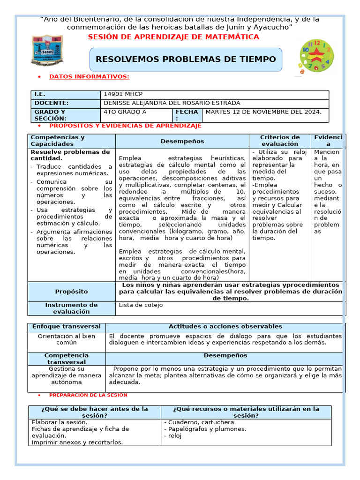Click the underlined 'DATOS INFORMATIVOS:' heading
(x=89, y=76)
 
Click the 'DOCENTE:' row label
(x=52, y=103)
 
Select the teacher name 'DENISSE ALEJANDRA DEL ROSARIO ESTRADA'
(x=172, y=103)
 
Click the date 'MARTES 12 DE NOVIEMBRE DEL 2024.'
(x=263, y=112)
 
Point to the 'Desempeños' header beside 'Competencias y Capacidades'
(x=182, y=141)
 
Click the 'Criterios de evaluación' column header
(x=280, y=141)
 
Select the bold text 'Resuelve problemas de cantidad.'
(x=70, y=155)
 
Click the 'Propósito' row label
(x=71, y=292)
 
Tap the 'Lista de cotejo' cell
(x=141, y=305)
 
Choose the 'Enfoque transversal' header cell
(x=66, y=327)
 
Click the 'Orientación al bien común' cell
(x=66, y=339)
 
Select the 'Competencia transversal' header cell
(x=66, y=359)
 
